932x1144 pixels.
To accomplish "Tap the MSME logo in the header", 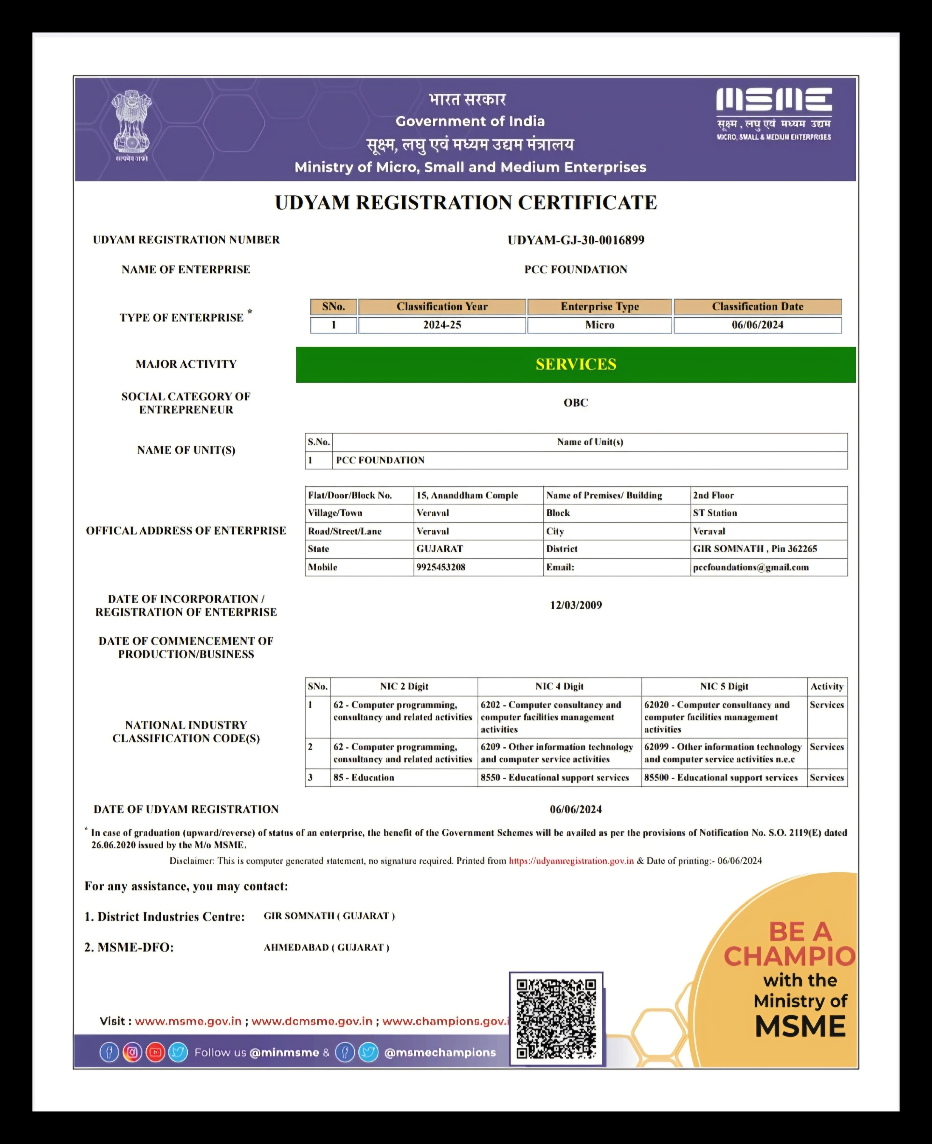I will pyautogui.click(x=774, y=114).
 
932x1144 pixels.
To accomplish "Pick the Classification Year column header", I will pyautogui.click(x=442, y=307).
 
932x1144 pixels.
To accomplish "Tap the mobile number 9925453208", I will pyautogui.click(x=441, y=567).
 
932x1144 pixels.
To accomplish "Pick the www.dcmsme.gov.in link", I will pyautogui.click(x=312, y=1021).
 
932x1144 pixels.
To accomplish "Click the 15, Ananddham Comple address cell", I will pyautogui.click(x=467, y=495).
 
